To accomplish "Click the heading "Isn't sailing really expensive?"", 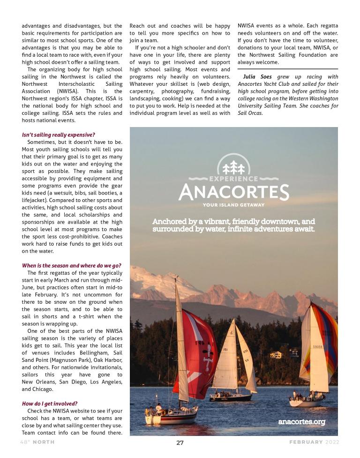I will coord(58,135).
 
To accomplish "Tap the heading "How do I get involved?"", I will coord(50,403).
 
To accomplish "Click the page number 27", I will coord(180,442).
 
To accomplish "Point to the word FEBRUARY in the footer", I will coord(306,442).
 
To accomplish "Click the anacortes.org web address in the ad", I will coord(301,421).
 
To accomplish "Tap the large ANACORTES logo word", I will coord(233,192).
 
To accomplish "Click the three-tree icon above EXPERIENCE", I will coord(233,167).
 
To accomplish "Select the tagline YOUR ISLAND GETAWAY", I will coord(233,204).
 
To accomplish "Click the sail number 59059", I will coord(317,347).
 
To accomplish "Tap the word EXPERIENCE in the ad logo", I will coord(233,179).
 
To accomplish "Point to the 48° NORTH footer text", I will coord(39,442).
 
